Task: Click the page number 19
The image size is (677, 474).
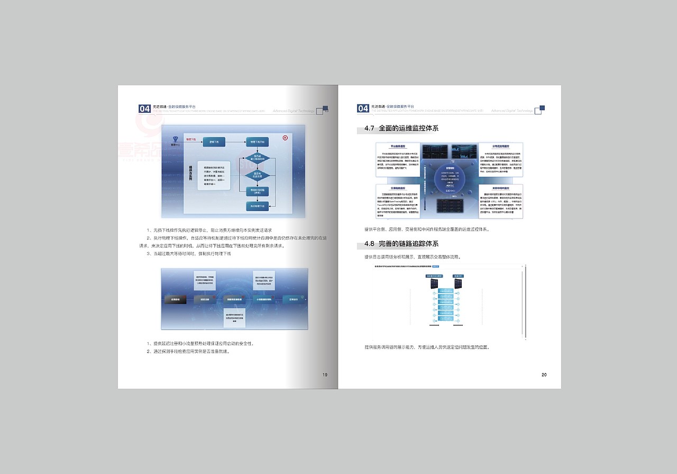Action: [x=325, y=375]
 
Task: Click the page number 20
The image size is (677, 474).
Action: [x=544, y=375]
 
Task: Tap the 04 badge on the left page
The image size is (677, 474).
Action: [x=144, y=108]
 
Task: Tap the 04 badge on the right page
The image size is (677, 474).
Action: [x=363, y=108]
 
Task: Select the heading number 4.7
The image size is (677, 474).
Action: [x=369, y=129]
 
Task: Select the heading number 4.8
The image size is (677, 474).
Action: [x=369, y=244]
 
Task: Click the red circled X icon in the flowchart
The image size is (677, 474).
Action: [x=285, y=138]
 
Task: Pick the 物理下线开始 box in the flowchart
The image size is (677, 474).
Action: [x=258, y=142]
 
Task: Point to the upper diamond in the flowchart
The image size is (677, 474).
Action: [x=258, y=158]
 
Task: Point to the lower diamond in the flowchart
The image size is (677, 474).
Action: [x=258, y=175]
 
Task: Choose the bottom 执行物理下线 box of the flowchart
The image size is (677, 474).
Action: [x=258, y=206]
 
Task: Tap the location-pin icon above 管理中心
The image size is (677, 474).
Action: [x=175, y=139]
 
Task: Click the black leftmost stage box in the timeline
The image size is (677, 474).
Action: [x=175, y=299]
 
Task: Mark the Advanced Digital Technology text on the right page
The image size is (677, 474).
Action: [x=511, y=111]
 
